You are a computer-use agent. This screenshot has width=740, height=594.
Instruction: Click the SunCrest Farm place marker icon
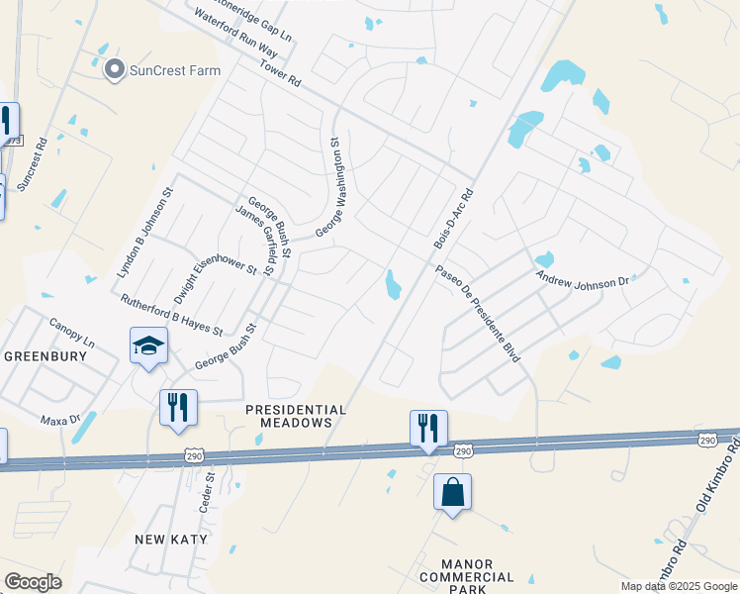click(x=114, y=70)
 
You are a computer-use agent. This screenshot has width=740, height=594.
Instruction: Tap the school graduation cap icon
click(x=148, y=346)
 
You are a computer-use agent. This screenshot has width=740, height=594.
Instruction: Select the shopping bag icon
click(x=452, y=491)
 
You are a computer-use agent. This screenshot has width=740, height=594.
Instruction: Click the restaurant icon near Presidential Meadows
click(x=428, y=428)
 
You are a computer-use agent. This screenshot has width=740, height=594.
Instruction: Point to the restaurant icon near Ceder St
click(x=178, y=407)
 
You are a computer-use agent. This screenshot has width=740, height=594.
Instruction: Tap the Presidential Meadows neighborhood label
click(x=296, y=416)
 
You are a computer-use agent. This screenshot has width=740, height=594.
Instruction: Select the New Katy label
click(x=171, y=539)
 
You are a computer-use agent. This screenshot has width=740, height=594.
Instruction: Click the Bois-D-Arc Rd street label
click(x=454, y=219)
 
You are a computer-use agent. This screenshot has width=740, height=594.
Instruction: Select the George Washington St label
click(x=334, y=186)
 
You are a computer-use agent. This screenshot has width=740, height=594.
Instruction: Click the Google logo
click(x=33, y=582)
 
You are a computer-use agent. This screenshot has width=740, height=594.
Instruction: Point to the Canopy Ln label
click(x=73, y=335)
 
